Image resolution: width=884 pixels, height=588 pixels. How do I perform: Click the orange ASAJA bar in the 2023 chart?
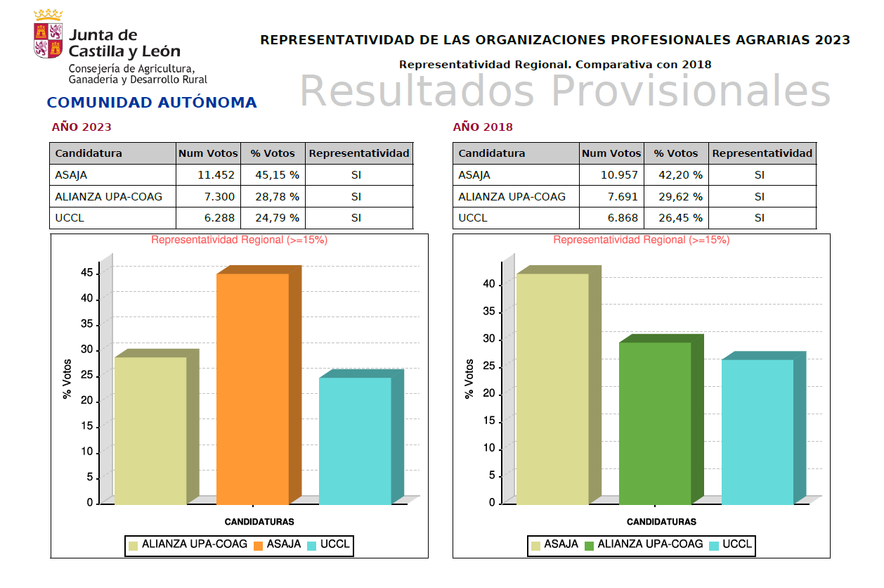pos(252,388)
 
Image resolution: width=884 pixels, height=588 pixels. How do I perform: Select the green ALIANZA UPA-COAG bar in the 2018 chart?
pos(655,423)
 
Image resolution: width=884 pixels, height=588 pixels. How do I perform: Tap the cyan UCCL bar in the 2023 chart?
pos(355,440)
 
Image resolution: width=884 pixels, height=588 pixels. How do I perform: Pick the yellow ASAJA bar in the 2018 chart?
pos(552,388)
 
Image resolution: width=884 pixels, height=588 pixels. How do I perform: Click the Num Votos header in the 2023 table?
pos(208,153)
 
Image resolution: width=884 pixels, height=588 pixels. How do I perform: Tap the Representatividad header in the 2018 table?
pos(762,153)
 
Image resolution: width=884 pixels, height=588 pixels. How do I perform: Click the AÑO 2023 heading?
pos(82,127)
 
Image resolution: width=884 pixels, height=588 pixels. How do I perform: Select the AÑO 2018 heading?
pos(483,127)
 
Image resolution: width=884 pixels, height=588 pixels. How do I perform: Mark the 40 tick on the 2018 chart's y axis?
pos(489,284)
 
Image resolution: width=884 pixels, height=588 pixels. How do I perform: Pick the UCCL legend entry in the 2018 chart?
pos(730,544)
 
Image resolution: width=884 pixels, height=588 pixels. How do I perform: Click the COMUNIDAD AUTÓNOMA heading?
pos(152,103)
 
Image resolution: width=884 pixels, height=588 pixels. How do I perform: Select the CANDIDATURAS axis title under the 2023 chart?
pos(259,522)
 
